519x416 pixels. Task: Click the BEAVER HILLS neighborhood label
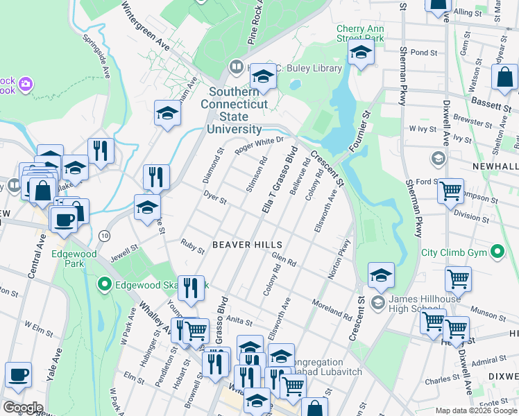(247, 245)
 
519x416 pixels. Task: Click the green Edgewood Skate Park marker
(104, 284)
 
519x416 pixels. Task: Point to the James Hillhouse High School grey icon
(377, 302)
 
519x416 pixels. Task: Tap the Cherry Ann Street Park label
(359, 33)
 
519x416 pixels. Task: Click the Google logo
(24, 407)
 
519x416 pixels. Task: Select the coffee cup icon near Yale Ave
(19, 374)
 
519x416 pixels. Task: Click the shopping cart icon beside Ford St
(451, 189)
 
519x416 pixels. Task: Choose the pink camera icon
(26, 84)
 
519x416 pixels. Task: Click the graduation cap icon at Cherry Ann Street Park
(361, 53)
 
